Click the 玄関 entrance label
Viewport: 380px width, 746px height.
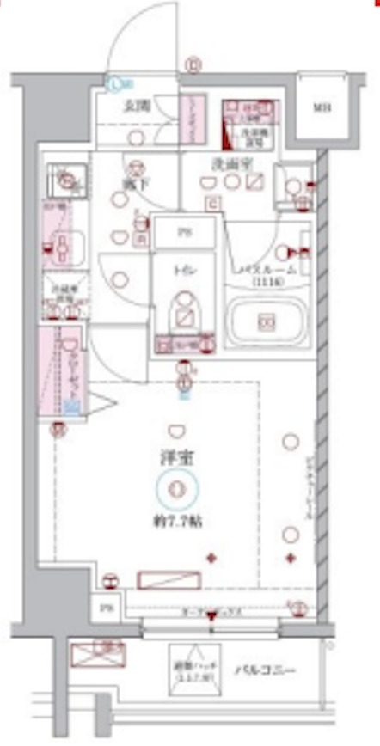(x=135, y=107)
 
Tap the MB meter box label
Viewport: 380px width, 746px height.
(x=321, y=108)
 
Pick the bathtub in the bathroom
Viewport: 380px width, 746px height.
(x=266, y=322)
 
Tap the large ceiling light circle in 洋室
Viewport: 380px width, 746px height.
(x=178, y=489)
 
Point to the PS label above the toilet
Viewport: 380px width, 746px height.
(x=183, y=233)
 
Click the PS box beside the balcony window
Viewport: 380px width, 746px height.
(x=107, y=608)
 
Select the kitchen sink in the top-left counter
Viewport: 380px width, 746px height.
(x=65, y=181)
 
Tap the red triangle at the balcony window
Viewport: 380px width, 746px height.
(x=211, y=617)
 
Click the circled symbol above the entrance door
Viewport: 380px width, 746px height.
(x=193, y=63)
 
